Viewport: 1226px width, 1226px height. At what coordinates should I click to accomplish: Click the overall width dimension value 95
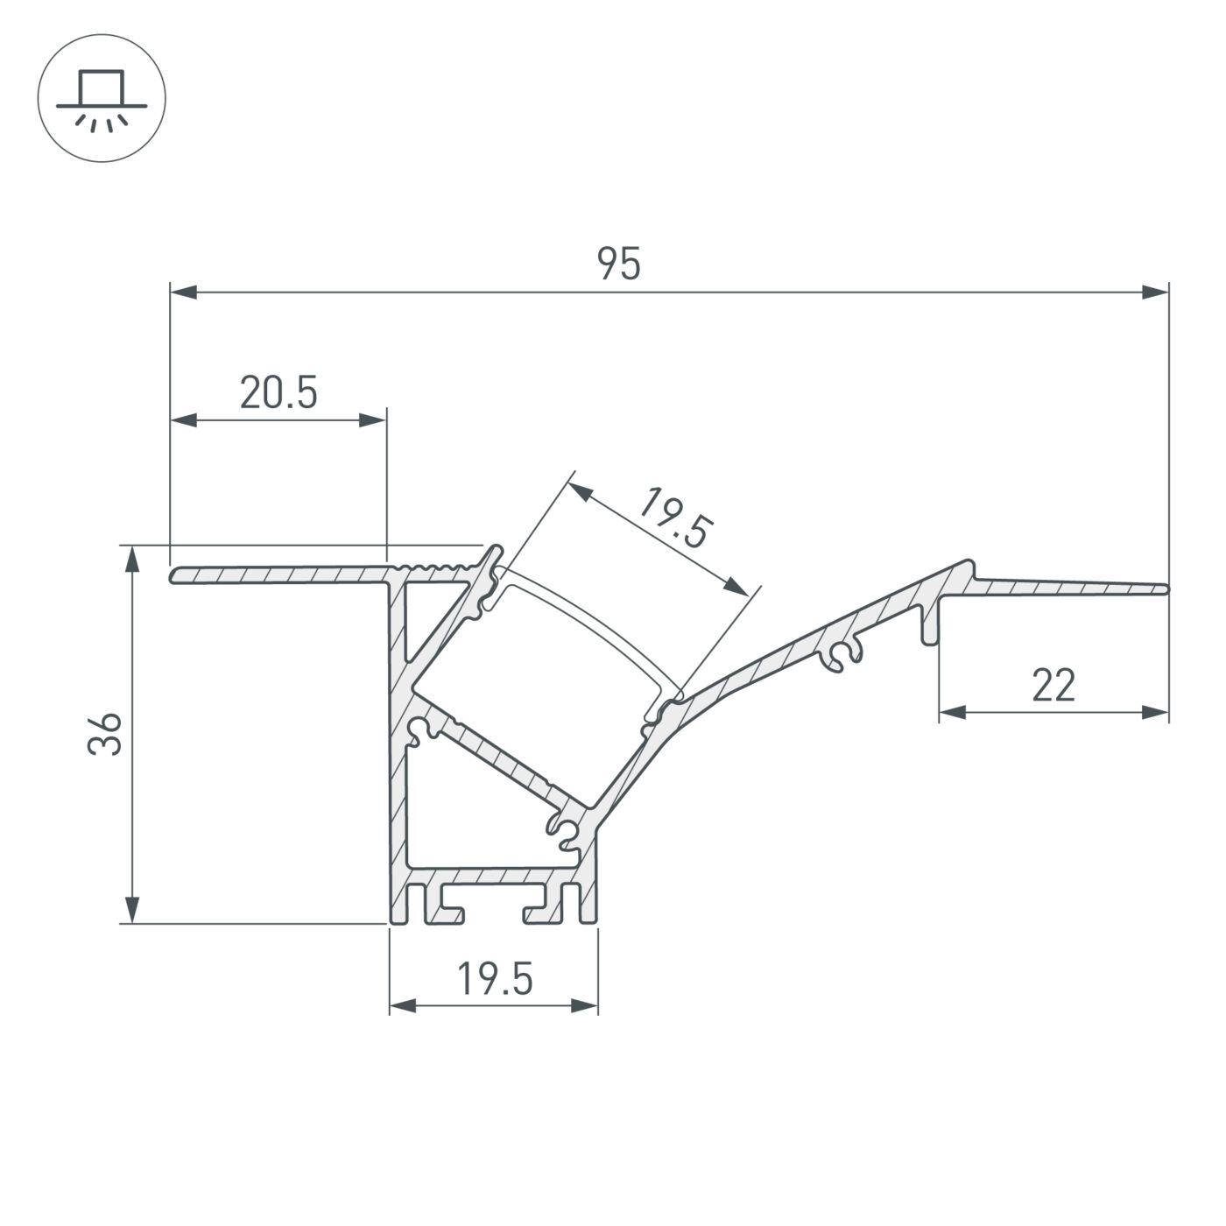pos(619,264)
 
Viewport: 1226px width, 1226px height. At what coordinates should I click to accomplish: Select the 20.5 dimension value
pos(278,393)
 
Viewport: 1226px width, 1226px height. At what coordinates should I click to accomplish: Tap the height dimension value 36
pos(104,734)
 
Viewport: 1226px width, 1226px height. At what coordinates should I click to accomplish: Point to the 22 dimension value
pos(1053,686)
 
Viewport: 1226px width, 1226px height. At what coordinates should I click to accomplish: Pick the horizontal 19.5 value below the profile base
pos(495,979)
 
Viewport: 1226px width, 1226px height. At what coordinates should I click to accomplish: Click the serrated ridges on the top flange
pos(438,569)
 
